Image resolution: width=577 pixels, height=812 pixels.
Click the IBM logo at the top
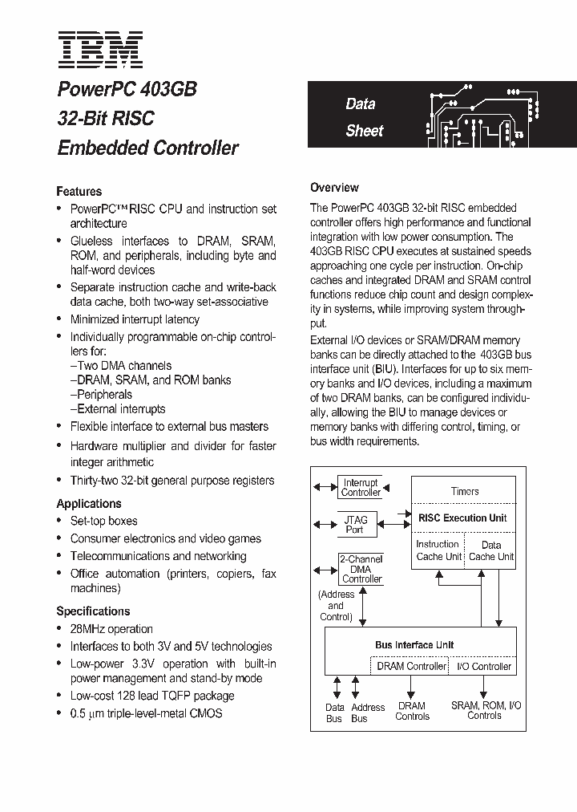coord(99,49)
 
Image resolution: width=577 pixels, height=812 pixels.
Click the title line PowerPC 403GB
coord(127,89)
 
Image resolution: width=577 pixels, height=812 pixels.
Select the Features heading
coord(79,191)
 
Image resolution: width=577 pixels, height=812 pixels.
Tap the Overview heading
coord(334,187)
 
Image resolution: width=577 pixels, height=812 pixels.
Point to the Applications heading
coord(89,503)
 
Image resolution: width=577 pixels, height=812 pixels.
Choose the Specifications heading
coord(93,611)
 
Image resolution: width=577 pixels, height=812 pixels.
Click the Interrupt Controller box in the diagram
coord(361,487)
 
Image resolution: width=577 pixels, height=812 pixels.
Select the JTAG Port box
coord(354,524)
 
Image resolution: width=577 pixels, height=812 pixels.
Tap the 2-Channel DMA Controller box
coord(361,568)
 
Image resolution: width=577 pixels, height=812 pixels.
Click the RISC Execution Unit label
coord(462,518)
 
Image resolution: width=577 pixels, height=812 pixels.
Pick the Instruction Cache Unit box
coord(438,550)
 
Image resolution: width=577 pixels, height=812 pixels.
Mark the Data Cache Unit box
coord(490,550)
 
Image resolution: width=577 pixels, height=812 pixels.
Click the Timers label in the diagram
coord(465,490)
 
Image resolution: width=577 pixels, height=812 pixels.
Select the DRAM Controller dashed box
coord(411,666)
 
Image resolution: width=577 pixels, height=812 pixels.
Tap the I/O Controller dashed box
coord(484,666)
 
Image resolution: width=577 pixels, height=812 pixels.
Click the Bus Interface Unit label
coord(414,644)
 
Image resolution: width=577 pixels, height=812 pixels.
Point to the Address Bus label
coord(368,713)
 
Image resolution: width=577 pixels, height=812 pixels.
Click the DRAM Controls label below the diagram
coord(412,711)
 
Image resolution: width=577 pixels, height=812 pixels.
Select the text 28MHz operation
coord(111,628)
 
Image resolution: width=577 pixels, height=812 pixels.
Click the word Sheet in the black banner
coord(365,131)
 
